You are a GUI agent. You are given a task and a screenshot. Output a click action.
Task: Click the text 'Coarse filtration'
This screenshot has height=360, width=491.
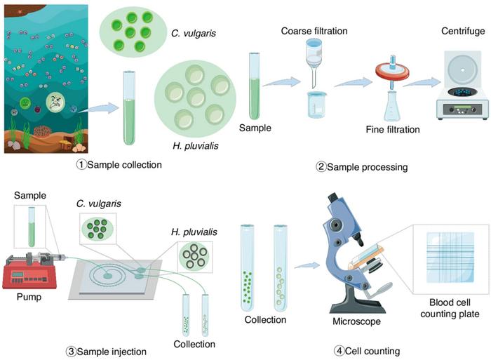[314, 31]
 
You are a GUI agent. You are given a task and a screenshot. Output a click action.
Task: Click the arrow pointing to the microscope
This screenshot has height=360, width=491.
[307, 265]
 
